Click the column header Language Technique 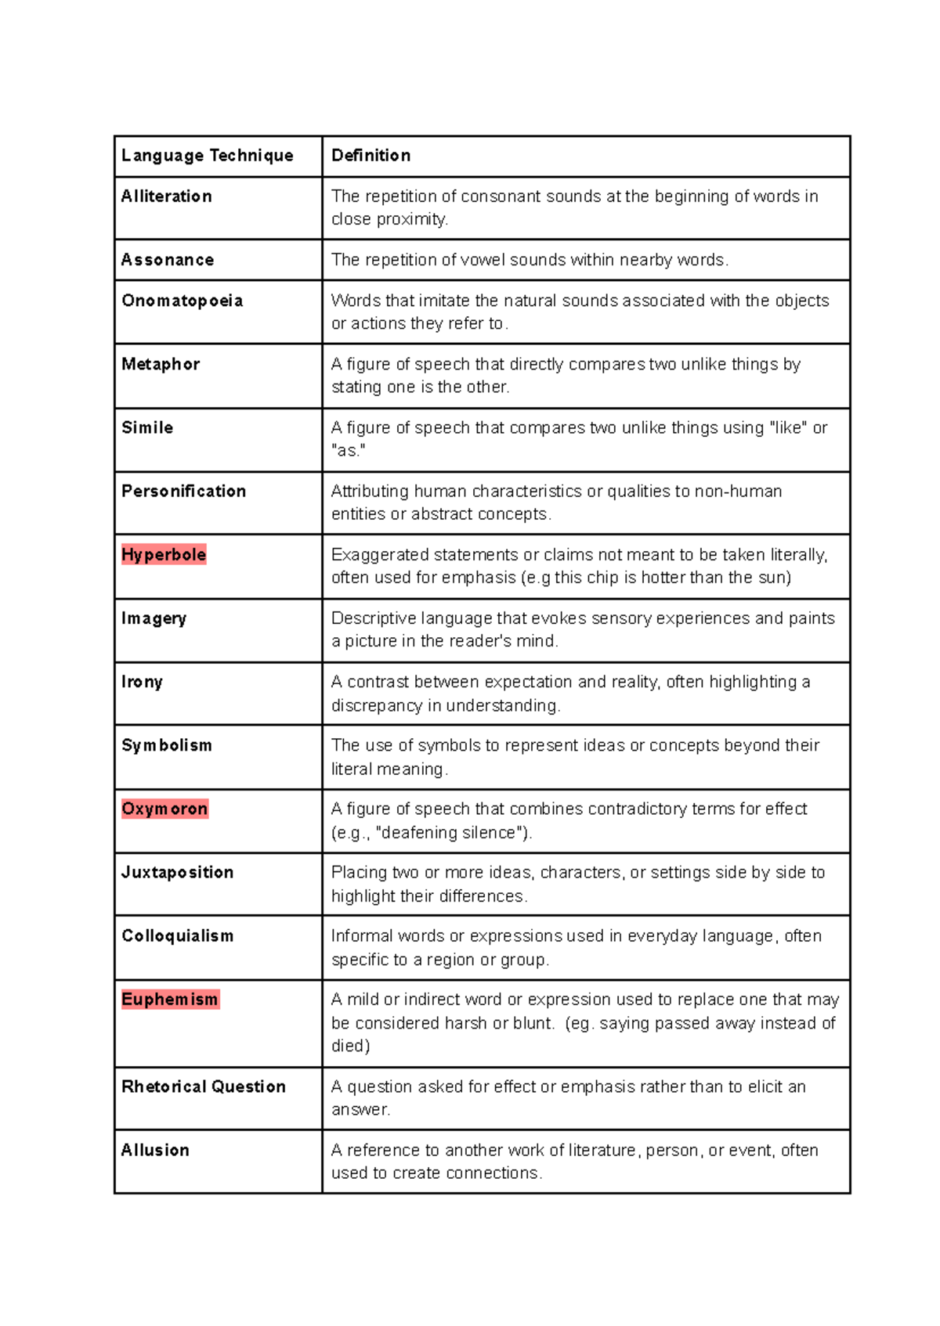tap(207, 156)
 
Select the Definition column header tap(371, 156)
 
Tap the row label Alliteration tap(166, 196)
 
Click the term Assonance tap(167, 260)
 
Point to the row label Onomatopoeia tap(182, 301)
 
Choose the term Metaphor tap(161, 364)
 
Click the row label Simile tap(147, 427)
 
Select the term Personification tap(183, 491)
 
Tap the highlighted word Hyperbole tap(164, 554)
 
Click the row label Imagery tap(154, 618)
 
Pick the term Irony tap(142, 682)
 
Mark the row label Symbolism tap(166, 745)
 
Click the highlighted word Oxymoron tap(164, 809)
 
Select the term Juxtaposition tap(177, 872)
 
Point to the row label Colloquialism tap(177, 935)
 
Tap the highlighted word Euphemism tap(170, 999)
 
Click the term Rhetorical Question tap(203, 1086)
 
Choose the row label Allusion tap(155, 1150)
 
